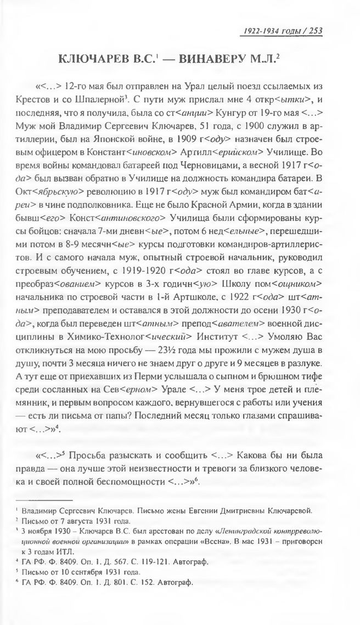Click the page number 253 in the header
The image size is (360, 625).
(x=314, y=31)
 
